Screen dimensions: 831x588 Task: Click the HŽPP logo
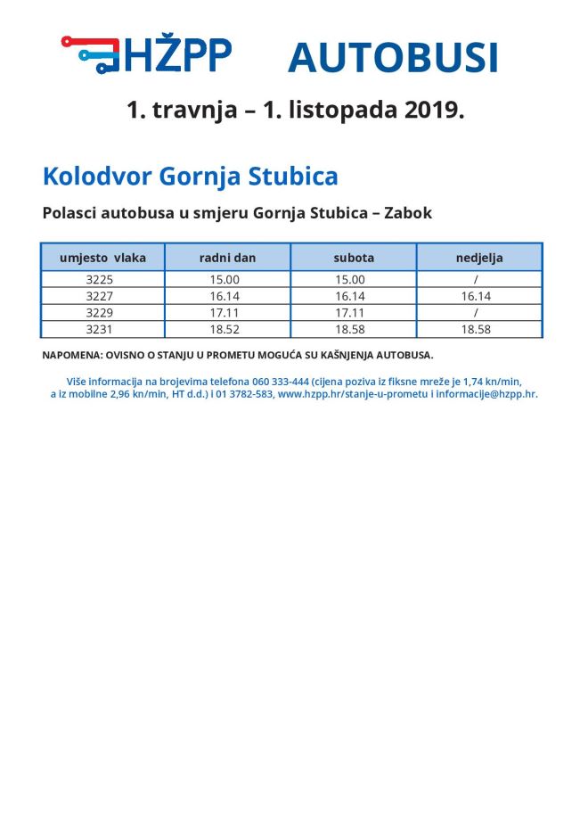click(x=147, y=55)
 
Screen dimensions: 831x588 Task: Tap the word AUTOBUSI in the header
click(x=392, y=58)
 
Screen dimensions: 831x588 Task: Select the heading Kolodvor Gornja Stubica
click(x=190, y=176)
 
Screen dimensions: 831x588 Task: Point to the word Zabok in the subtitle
click(x=407, y=214)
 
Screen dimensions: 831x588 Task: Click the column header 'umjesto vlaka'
click(x=102, y=258)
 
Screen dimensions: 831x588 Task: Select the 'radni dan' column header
click(x=227, y=258)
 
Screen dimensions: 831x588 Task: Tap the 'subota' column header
click(x=354, y=258)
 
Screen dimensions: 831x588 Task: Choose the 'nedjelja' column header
click(x=478, y=258)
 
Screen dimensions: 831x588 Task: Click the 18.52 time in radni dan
click(x=225, y=330)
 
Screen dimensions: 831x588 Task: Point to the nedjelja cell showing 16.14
click(x=477, y=296)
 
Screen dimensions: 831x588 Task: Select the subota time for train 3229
click(x=350, y=313)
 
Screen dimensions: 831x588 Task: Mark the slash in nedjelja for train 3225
click(x=477, y=279)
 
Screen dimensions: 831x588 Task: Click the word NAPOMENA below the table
click(x=70, y=355)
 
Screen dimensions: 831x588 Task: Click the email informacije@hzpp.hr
click(x=486, y=393)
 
